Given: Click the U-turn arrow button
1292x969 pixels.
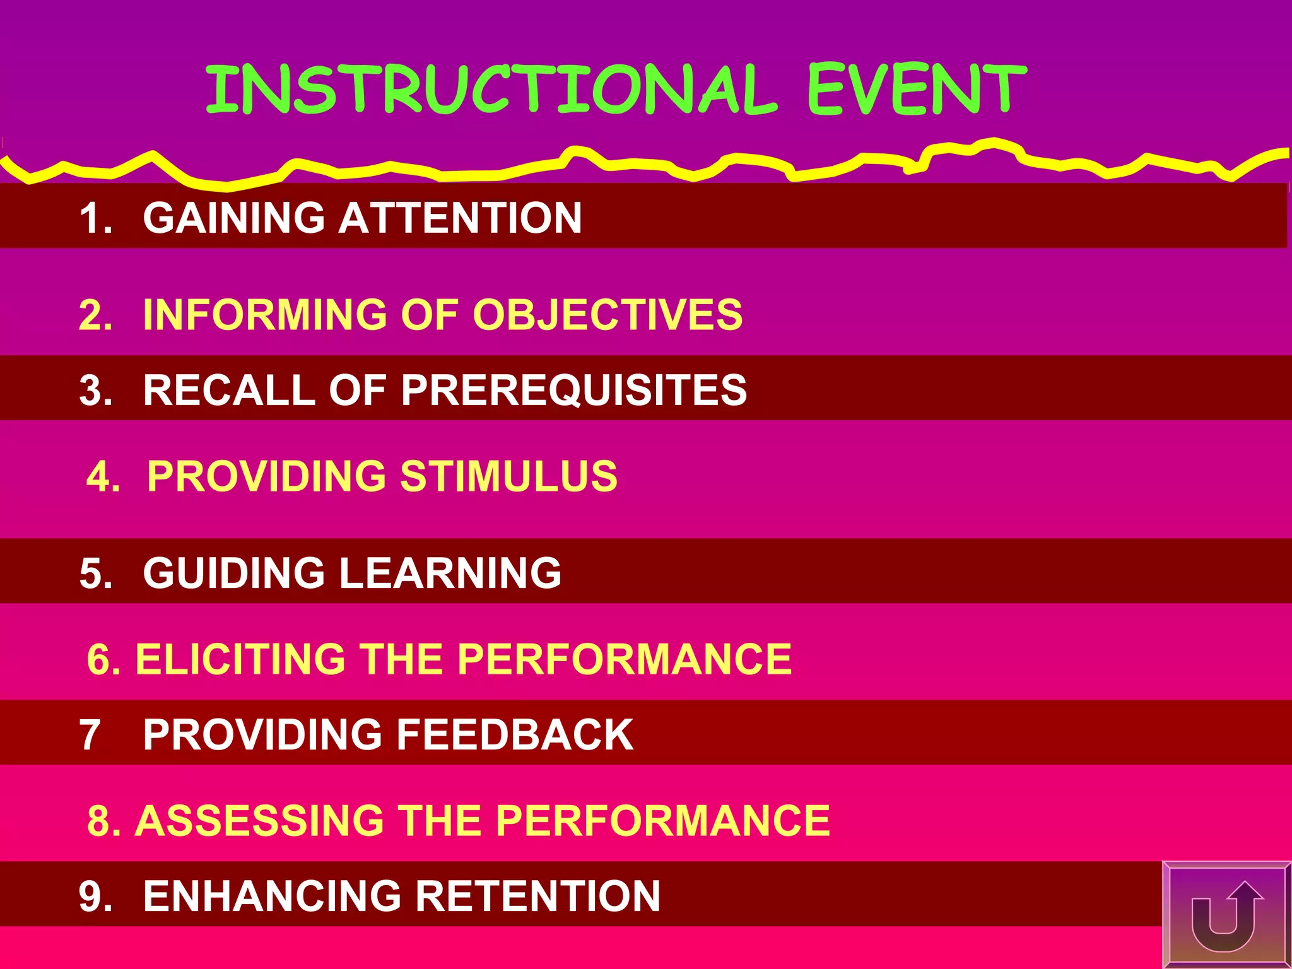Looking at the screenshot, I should click(x=1224, y=915).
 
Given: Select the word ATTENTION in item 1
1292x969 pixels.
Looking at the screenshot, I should click(x=460, y=218).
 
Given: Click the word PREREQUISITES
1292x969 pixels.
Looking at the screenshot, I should click(x=573, y=390).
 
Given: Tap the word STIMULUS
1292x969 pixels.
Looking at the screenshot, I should click(x=508, y=476).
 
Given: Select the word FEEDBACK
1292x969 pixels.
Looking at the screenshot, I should click(x=514, y=735).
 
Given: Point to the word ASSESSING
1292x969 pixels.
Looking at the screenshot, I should click(x=259, y=821).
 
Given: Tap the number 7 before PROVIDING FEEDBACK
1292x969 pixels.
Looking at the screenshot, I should click(x=90, y=736).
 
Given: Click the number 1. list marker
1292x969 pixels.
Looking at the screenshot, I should click(x=95, y=219).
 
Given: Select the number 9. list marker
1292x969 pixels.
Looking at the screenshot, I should click(x=95, y=896).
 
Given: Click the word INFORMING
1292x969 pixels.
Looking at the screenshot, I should click(x=265, y=314).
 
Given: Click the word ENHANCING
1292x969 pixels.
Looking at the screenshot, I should click(x=272, y=896).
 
